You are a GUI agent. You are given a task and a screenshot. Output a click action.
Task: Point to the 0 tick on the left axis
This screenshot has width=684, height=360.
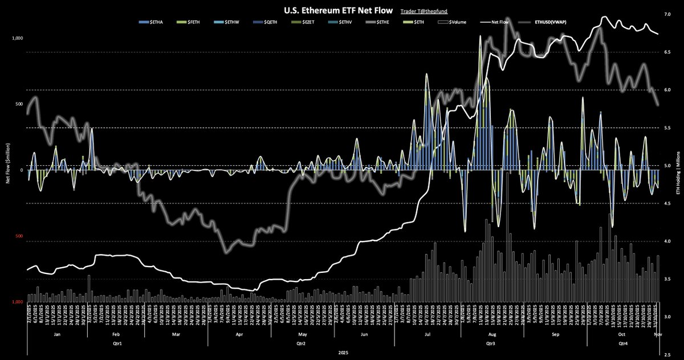coord(21,170)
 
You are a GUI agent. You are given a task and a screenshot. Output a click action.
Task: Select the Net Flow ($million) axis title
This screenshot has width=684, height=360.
coord(7,169)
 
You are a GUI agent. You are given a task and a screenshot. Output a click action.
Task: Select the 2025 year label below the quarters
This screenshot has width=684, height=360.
coord(344,353)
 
